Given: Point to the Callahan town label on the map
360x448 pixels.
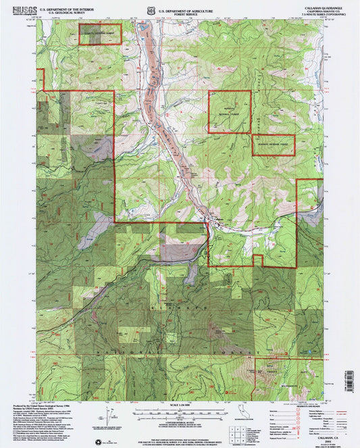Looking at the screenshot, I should pyautogui.click(x=219, y=220).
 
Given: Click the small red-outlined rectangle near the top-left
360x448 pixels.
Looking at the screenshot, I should pyautogui.click(x=100, y=34).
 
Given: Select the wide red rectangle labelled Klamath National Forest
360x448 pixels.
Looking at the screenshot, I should pyautogui.click(x=274, y=144).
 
